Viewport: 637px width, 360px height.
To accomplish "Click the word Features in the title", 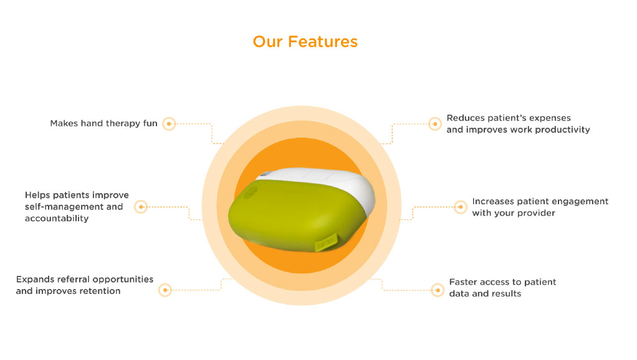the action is tap(323, 42).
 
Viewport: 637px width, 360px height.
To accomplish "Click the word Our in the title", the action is tap(267, 42).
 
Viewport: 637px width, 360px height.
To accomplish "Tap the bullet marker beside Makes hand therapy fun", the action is tap(169, 124).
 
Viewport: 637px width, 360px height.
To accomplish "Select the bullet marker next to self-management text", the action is tap(141, 207).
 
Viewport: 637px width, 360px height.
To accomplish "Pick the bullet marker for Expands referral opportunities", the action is tap(165, 290).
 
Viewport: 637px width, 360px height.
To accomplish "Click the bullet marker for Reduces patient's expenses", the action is tap(434, 124).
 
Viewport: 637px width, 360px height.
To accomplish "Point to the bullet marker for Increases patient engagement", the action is tap(460, 207).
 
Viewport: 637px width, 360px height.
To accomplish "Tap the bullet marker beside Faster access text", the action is tap(438, 290).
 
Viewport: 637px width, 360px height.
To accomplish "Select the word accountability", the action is tap(57, 219).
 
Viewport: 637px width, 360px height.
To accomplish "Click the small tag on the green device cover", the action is tap(326, 242).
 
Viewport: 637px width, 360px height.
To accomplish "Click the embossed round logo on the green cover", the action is tap(251, 192).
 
